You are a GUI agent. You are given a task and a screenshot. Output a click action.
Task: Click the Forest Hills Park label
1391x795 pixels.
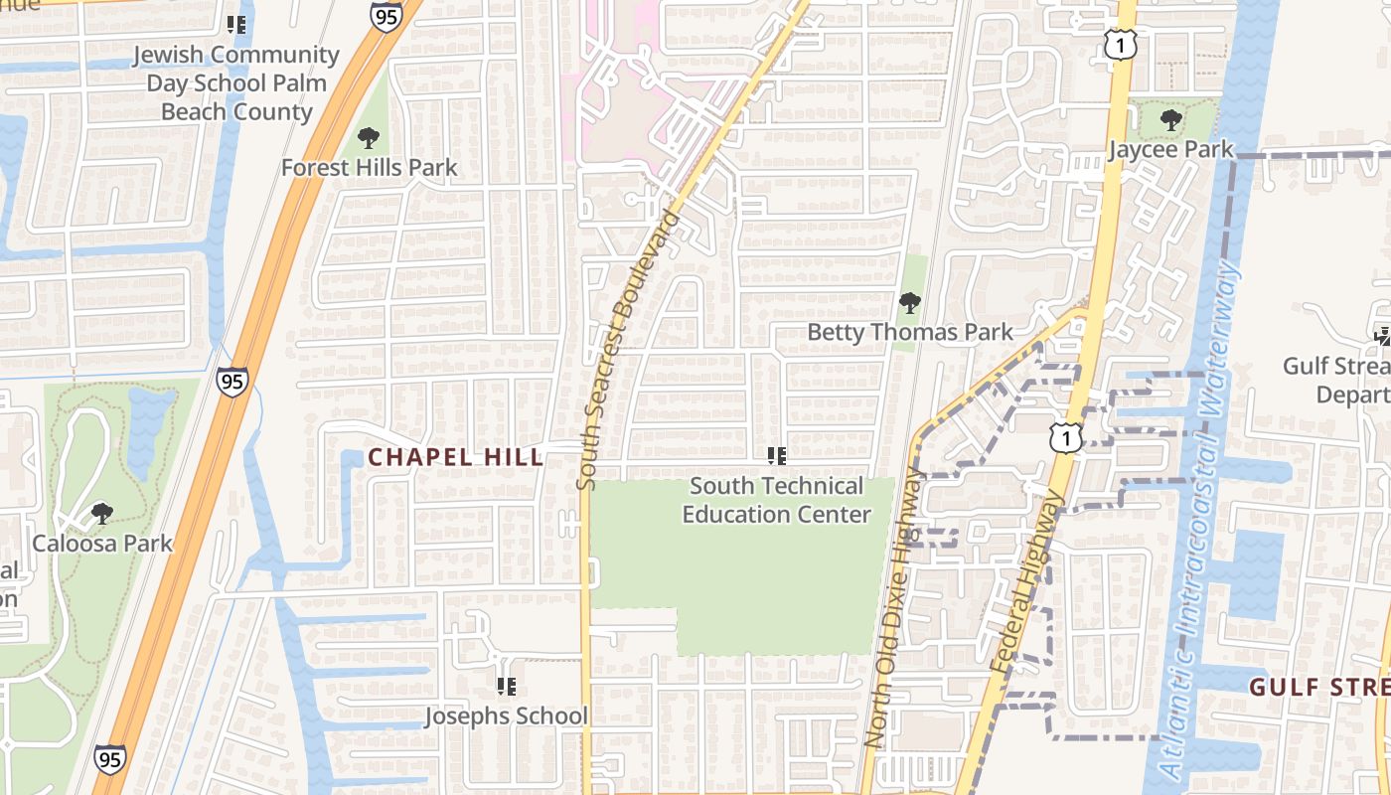[369, 168]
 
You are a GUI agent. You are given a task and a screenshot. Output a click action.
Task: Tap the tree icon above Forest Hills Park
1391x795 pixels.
[369, 138]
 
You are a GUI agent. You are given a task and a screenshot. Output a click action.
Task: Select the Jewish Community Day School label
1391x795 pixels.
[236, 83]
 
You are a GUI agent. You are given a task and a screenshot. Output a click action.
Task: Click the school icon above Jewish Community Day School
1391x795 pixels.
[236, 24]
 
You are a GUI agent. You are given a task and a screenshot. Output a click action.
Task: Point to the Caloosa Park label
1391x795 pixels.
[102, 544]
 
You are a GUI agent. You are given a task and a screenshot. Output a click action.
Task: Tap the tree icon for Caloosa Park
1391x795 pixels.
[101, 514]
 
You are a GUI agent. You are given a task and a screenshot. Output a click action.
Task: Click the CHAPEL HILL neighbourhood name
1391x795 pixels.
[456, 457]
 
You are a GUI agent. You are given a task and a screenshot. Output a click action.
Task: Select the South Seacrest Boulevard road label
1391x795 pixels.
[628, 350]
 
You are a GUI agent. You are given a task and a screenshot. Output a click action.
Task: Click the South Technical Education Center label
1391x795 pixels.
[777, 500]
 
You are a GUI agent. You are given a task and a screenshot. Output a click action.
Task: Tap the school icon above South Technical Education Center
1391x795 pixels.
[777, 456]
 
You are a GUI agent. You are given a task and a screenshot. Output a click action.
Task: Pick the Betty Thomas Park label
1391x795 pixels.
[909, 332]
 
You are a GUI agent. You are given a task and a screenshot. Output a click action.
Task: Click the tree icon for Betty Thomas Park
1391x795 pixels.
[909, 303]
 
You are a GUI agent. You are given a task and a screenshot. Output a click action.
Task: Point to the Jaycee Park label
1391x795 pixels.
[1170, 150]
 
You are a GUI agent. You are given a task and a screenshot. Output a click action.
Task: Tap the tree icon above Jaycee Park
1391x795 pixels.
[1171, 121]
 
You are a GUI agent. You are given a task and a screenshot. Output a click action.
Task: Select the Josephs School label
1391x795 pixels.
[507, 715]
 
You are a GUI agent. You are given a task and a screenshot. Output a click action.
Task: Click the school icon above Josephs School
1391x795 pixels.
[507, 686]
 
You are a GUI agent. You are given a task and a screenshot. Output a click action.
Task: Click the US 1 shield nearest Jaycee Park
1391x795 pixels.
[1120, 44]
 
